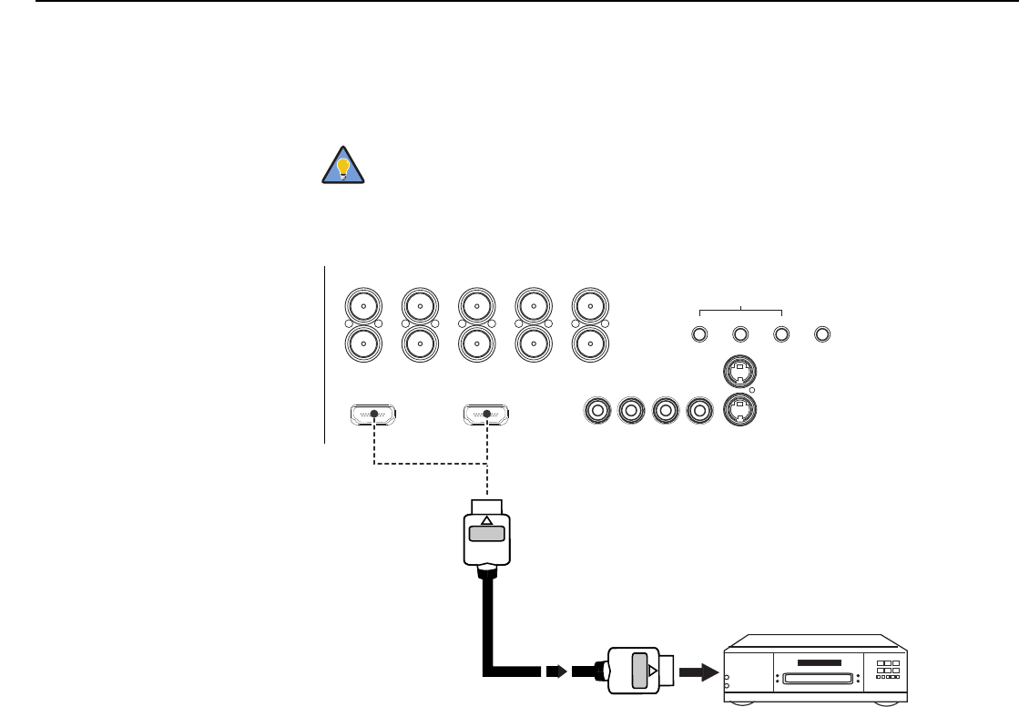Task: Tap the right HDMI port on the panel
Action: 487,415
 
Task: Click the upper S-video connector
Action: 740,371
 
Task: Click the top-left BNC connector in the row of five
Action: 363,304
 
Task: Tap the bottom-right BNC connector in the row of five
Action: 589,343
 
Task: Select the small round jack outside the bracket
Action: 822,333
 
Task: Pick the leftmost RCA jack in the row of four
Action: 597,411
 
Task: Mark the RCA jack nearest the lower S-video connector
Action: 699,411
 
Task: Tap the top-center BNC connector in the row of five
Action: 476,304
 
